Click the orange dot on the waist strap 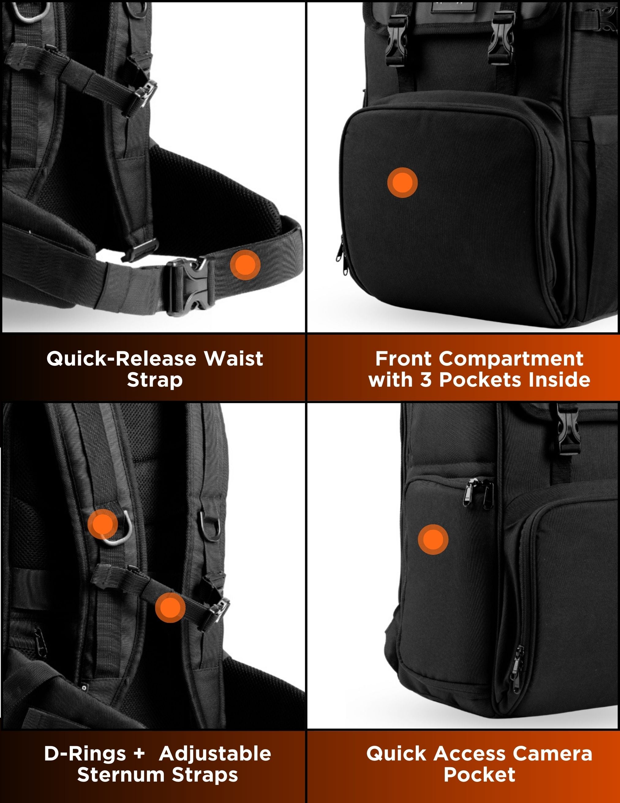click(245, 265)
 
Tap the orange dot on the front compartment click(402, 182)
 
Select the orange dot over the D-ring click(103, 524)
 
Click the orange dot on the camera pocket click(433, 539)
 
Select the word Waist click(234, 359)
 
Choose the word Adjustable click(215, 754)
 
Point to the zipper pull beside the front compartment click(339, 249)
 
